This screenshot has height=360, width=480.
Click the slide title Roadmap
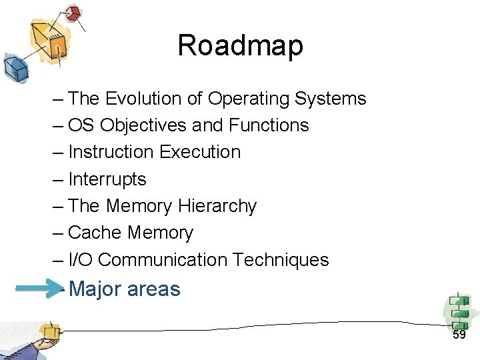pyautogui.click(x=240, y=45)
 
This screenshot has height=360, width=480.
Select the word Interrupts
pyautogui.click(x=107, y=179)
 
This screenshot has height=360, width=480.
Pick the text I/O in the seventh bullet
pyautogui.click(x=80, y=259)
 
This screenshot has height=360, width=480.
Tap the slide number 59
pyautogui.click(x=459, y=335)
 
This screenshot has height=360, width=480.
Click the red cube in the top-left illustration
pyautogui.click(x=71, y=14)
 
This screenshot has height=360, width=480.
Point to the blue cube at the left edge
pyautogui.click(x=13, y=67)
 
